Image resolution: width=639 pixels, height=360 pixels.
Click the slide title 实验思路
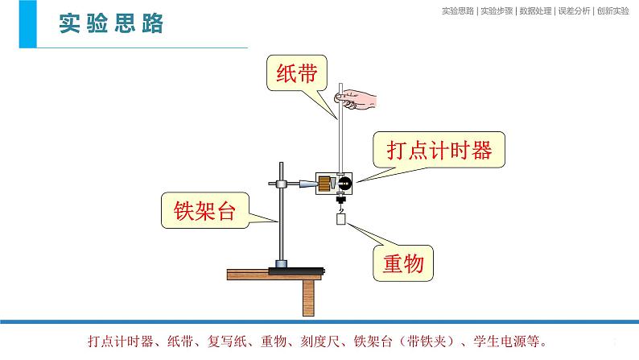111,23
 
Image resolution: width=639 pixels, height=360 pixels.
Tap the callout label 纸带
296,74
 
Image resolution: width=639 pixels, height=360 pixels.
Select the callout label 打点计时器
439,150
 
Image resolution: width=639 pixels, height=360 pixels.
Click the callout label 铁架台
204,210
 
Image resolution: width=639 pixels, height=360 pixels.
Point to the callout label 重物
403,263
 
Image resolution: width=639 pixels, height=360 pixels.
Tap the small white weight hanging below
340,219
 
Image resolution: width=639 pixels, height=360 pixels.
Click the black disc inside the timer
344,183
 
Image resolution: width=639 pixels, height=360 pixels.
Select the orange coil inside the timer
324,184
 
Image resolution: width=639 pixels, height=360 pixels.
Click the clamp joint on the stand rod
281,184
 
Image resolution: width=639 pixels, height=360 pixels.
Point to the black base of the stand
296,271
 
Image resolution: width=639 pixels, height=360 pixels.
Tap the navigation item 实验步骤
497,11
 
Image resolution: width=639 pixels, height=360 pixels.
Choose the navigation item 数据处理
535,11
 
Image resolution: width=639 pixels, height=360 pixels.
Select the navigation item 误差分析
574,11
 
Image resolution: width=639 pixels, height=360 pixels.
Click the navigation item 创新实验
613,11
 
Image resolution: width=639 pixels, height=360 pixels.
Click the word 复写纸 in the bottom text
227,341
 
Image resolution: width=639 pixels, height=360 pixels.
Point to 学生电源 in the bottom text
499,341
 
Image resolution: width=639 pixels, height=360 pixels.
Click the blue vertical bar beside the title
27,24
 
